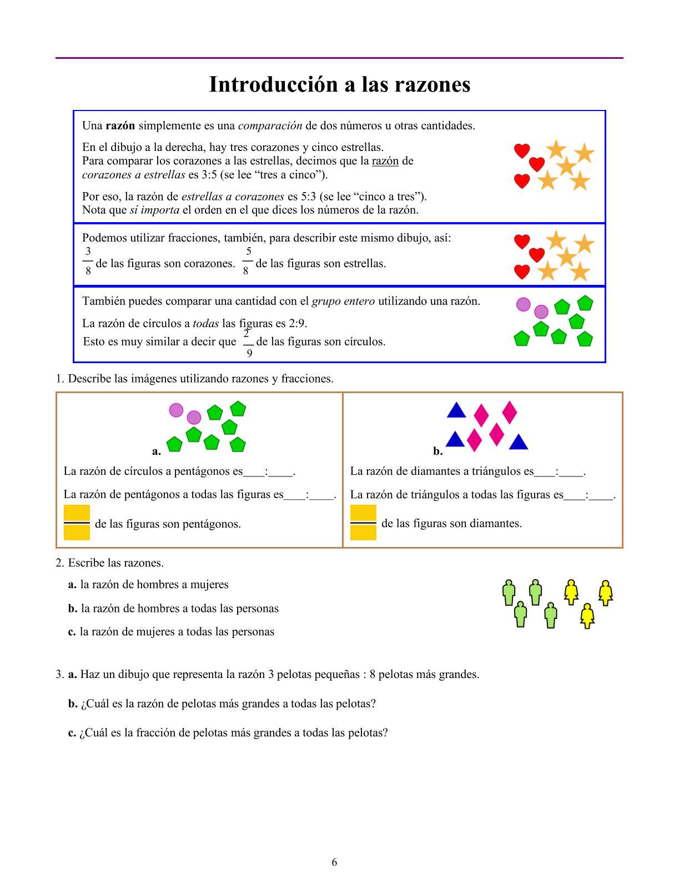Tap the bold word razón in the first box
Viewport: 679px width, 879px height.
120,125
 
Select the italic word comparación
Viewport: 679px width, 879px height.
270,125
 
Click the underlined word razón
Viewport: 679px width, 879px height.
385,161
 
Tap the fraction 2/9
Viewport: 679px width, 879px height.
248,343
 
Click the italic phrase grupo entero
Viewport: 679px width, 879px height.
343,301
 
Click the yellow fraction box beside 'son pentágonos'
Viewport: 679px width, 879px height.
77,523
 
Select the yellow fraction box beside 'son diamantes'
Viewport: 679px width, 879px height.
363,523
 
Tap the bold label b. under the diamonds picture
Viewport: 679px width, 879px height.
438,451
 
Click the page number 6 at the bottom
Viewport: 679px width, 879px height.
334,862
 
